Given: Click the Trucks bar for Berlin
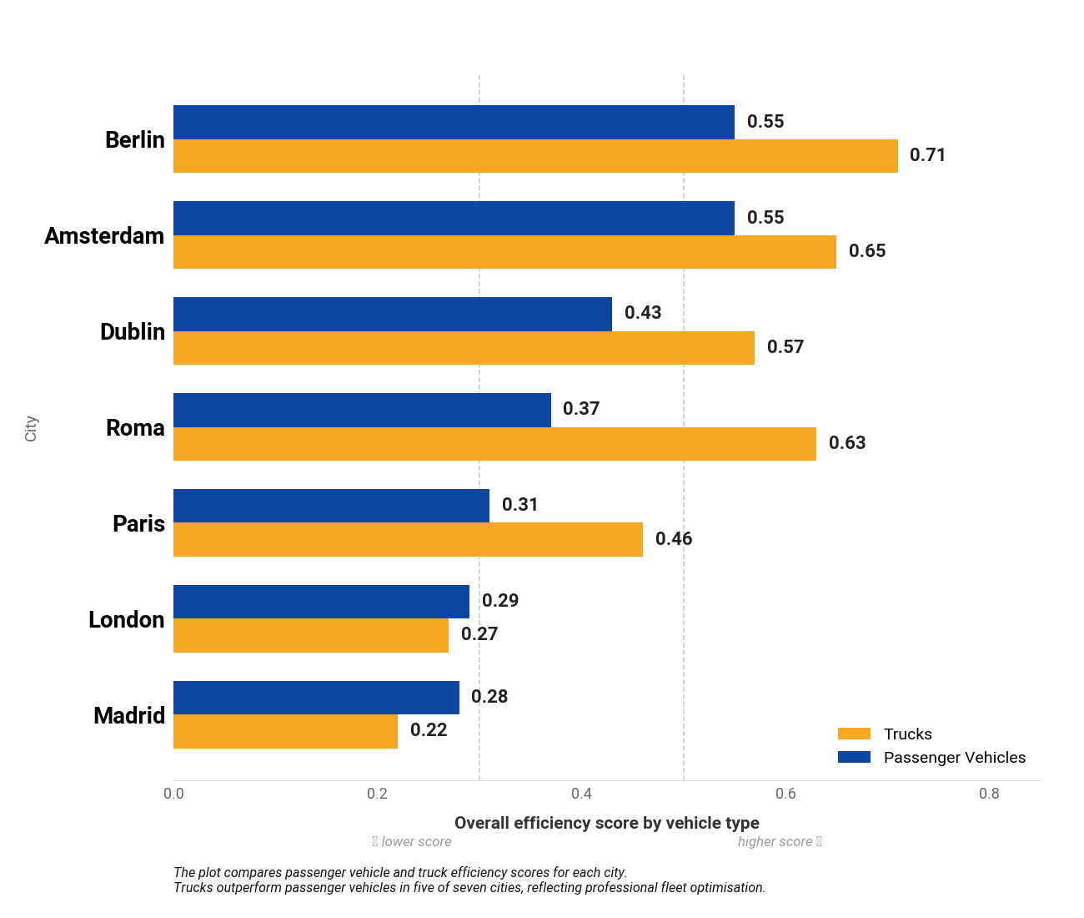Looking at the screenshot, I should pyautogui.click(x=535, y=156).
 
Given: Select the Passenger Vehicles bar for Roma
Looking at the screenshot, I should pyautogui.click(x=362, y=410).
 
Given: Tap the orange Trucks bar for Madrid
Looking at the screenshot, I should pyautogui.click(x=285, y=732).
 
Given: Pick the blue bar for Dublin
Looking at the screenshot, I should pyautogui.click(x=392, y=314).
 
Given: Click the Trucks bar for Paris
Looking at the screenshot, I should pyautogui.click(x=408, y=540).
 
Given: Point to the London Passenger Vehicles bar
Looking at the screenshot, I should pyautogui.click(x=321, y=602).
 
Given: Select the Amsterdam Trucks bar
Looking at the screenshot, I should pyautogui.click(x=504, y=252).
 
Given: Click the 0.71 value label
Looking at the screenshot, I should pyautogui.click(x=927, y=155).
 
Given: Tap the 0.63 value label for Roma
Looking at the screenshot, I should pyautogui.click(x=846, y=443).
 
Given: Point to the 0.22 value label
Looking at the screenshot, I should pyautogui.click(x=429, y=730).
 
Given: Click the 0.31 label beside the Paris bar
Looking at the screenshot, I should pyautogui.click(x=519, y=505).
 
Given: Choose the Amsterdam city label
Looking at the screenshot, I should pyautogui.click(x=104, y=236).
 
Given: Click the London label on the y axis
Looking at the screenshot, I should pyautogui.click(x=126, y=620).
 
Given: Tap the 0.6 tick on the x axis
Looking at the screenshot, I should pyautogui.click(x=785, y=794).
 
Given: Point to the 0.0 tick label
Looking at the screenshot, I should pyautogui.click(x=173, y=794).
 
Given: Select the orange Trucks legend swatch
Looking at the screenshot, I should pyautogui.click(x=854, y=734).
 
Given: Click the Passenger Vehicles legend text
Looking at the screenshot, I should pyautogui.click(x=954, y=758).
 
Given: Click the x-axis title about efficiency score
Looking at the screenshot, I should pyautogui.click(x=606, y=823).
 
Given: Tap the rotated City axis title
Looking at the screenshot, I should pyautogui.click(x=31, y=428).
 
